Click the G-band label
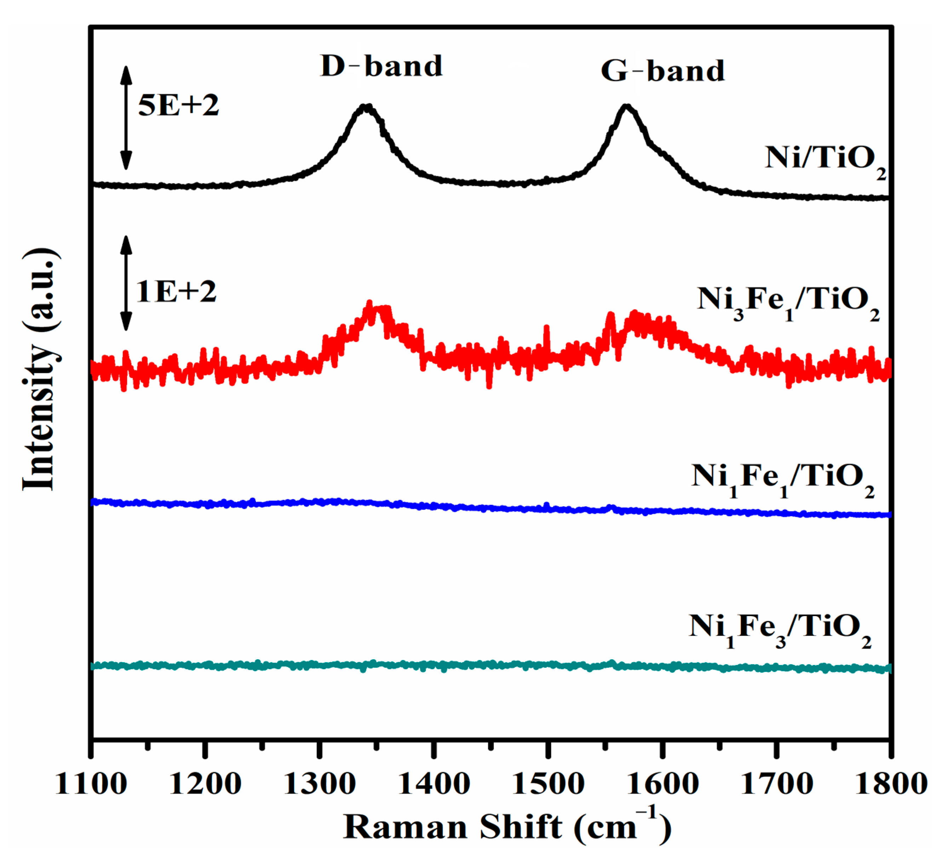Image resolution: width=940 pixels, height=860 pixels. click(x=663, y=72)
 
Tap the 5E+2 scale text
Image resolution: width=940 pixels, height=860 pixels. click(x=178, y=106)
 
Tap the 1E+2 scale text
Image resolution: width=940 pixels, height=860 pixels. click(x=176, y=292)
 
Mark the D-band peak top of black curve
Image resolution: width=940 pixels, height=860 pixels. click(x=366, y=107)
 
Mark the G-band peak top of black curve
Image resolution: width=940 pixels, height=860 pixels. click(x=626, y=107)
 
